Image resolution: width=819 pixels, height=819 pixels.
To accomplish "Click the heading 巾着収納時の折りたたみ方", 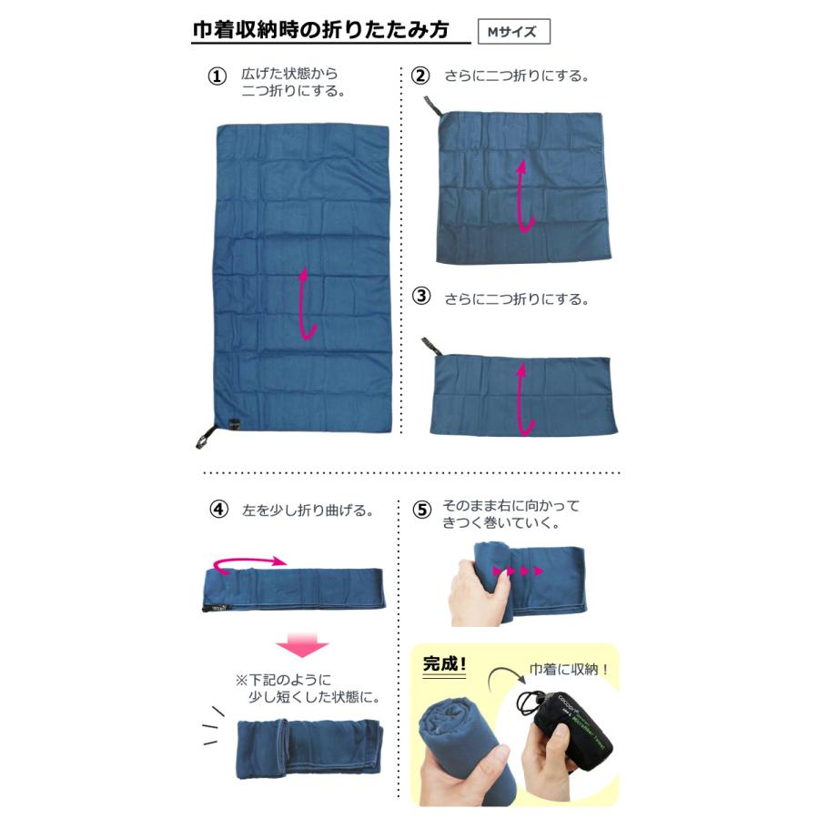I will (320, 30).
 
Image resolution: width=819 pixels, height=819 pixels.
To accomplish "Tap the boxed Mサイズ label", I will (513, 32).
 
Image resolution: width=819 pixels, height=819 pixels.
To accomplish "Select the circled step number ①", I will (217, 76).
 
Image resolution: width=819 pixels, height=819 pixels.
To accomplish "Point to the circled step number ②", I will (420, 76).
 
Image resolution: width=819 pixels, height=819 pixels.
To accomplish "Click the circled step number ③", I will (420, 296).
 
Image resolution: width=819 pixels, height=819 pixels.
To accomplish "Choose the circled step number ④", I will (217, 510).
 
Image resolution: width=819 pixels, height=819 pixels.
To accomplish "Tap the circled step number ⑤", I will (420, 510).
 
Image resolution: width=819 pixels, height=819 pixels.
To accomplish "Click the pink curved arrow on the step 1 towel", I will (308, 305).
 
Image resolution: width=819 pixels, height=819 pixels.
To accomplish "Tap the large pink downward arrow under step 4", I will (301, 645).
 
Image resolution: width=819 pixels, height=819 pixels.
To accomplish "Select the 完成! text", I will (445, 664).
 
